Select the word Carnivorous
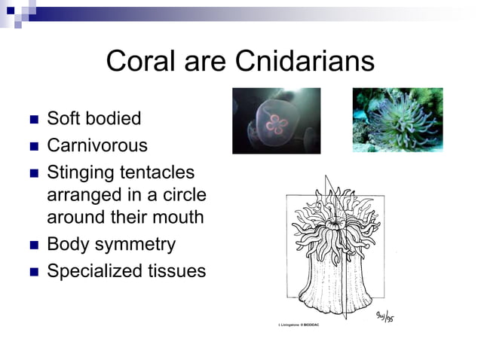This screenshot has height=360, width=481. [97, 145]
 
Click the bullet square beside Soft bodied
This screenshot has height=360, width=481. [32, 119]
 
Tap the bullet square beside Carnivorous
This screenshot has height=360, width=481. [32, 145]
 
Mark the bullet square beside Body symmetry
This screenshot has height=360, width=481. [32, 246]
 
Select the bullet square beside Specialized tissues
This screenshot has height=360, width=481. [32, 271]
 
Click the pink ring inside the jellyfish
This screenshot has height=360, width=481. [277, 124]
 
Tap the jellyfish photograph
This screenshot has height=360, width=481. [276, 121]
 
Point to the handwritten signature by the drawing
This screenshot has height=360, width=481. [384, 316]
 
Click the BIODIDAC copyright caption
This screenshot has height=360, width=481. [301, 325]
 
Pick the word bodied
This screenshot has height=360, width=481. [114, 118]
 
